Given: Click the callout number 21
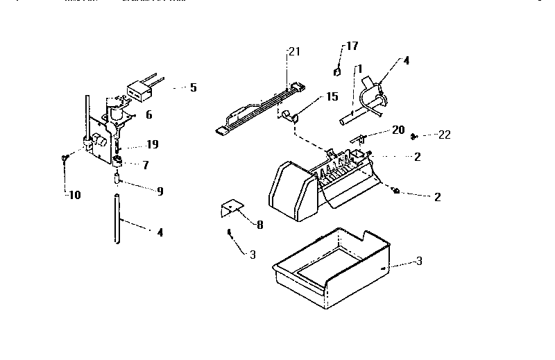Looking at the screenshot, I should point(294,51).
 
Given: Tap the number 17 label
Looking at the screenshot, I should point(352,46).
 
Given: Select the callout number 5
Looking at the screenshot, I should point(193,87).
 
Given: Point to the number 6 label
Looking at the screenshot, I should point(148,116).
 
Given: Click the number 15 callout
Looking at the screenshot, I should point(332,96).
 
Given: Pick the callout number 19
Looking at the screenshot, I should point(152,144).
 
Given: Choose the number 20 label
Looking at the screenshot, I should point(398,129).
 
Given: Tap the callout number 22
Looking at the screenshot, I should point(444,135).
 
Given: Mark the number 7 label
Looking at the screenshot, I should point(145,165).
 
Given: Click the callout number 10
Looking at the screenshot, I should point(74,195).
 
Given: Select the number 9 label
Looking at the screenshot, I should point(160,191).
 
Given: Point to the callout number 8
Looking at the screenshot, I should point(259,224).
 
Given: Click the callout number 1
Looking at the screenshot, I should point(359,69).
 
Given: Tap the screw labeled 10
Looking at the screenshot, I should point(64,159).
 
